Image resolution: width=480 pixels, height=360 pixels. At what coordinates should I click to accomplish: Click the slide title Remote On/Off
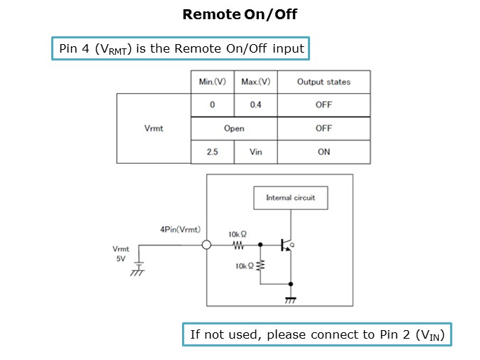click(x=240, y=14)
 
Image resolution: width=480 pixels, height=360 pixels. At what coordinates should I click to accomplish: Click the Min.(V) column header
click(x=212, y=82)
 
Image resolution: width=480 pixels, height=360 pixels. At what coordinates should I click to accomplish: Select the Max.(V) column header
click(x=255, y=82)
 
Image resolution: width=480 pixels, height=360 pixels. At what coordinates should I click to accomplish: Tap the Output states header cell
click(x=324, y=82)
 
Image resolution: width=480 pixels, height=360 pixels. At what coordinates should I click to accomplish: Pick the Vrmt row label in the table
click(x=153, y=129)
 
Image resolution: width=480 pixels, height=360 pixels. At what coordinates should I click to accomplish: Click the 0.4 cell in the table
click(x=255, y=105)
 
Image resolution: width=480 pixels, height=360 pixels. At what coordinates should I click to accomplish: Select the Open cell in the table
click(x=234, y=129)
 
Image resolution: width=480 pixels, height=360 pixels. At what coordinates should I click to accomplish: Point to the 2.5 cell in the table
click(x=212, y=152)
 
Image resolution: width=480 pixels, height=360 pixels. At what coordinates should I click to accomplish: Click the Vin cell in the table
click(x=255, y=152)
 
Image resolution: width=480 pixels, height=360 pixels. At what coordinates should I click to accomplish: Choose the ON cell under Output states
click(x=324, y=152)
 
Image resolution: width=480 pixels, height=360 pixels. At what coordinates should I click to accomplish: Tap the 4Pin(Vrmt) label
click(x=180, y=230)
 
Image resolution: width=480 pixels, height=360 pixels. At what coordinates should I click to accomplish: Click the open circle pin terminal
click(x=206, y=245)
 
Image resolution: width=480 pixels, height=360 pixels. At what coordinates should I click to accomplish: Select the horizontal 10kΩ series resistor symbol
click(x=238, y=246)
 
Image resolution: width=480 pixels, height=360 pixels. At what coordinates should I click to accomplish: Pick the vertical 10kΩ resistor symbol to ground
click(x=260, y=265)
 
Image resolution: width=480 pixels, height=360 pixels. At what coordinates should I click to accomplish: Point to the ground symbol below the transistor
click(x=290, y=300)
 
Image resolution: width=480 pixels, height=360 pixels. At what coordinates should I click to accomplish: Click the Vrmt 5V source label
click(x=121, y=254)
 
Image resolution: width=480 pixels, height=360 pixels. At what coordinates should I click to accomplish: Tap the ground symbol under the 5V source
click(x=138, y=270)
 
